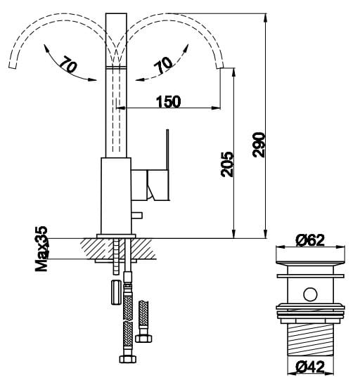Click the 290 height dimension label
pos(259,145)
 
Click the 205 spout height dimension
pos(227,164)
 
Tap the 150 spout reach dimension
pos(169,102)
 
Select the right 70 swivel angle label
pos(163,65)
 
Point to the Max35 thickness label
pos(41,249)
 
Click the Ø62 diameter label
pos(310,240)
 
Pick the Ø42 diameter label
pos(310,367)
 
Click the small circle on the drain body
pos(310,294)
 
